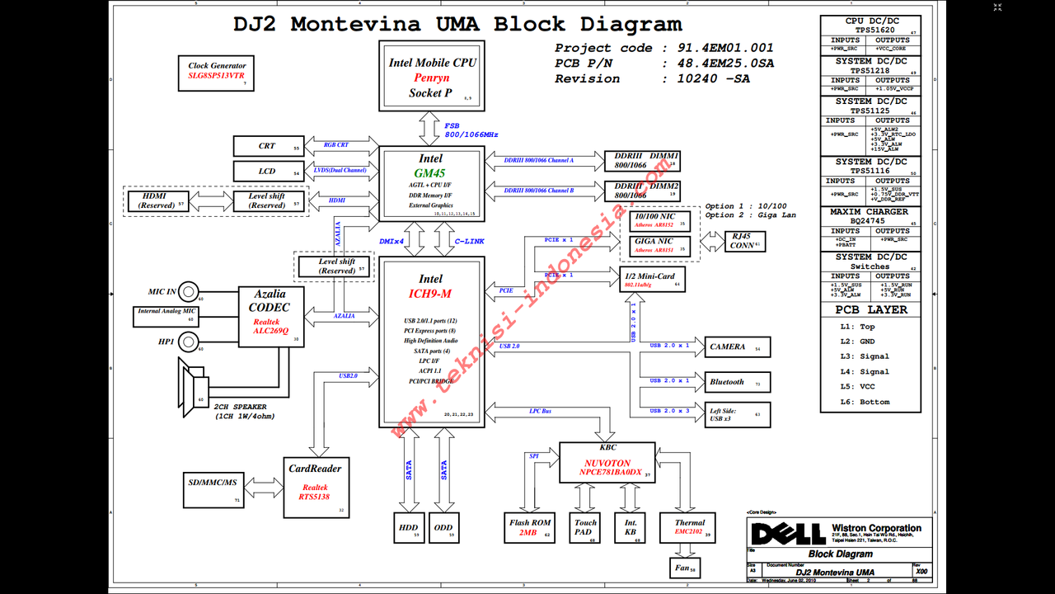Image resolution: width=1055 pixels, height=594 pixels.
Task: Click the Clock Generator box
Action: [217, 73]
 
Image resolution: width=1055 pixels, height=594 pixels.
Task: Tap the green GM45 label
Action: [430, 173]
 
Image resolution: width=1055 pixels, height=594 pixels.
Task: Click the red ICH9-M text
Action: [430, 294]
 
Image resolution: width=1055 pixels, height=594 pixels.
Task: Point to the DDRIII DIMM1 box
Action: [642, 160]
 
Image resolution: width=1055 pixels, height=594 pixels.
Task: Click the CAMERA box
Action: [736, 346]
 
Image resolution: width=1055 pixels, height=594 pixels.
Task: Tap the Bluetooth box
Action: [736, 382]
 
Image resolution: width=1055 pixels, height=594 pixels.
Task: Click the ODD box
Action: [443, 527]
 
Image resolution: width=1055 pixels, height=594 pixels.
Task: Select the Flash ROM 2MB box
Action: [529, 527]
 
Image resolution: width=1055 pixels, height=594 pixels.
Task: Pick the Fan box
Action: [682, 568]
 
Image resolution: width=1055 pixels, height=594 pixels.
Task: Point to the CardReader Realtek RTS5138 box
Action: [315, 488]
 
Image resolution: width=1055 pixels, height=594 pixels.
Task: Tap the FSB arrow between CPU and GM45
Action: [430, 129]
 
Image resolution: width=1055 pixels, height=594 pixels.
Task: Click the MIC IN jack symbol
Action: [189, 291]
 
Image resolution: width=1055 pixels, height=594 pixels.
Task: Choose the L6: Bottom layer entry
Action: [865, 402]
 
